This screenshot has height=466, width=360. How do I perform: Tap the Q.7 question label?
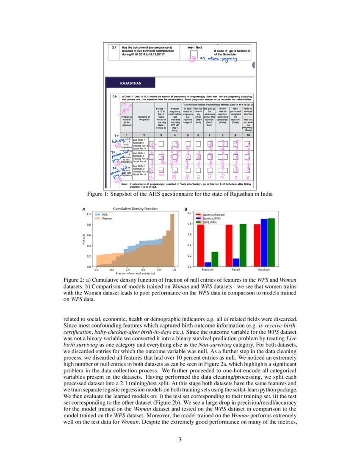coord(114,47)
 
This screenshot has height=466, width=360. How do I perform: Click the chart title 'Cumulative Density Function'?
coord(135,209)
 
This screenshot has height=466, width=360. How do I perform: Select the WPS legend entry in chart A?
coord(104,215)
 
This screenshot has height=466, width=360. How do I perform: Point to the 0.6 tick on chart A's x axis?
coord(143,270)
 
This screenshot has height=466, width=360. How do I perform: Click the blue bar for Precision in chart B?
coord(208,264)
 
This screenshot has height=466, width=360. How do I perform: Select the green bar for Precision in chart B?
coord(215,259)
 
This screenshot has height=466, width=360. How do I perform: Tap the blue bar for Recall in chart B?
coord(236,263)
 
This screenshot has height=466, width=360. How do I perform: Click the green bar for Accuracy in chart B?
coord(271,243)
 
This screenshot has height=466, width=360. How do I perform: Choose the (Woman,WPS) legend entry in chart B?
coord(213,219)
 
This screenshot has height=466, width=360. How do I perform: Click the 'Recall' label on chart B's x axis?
coord(235,270)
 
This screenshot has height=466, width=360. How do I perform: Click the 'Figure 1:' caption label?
coord(98,194)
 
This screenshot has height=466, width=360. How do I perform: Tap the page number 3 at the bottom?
coord(180,439)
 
